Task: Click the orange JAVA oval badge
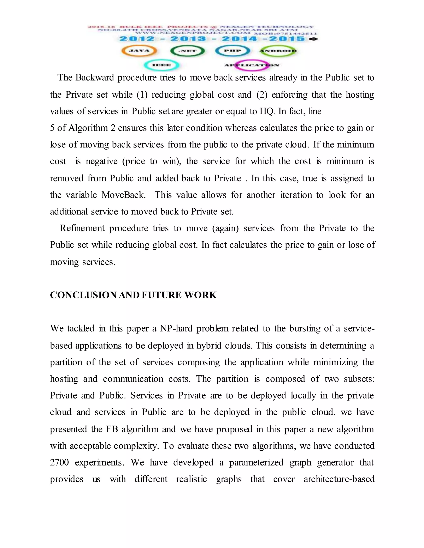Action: pos(139,51)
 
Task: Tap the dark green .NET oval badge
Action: pos(187,51)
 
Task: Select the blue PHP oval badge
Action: pos(232,51)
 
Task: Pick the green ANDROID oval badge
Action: pos(278,51)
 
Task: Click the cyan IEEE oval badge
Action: pos(161,65)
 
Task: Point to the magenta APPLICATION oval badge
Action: pos(251,65)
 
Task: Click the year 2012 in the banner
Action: pos(137,39)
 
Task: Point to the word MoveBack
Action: pos(123,195)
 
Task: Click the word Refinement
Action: pos(82,228)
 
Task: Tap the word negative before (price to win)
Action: pos(101,161)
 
